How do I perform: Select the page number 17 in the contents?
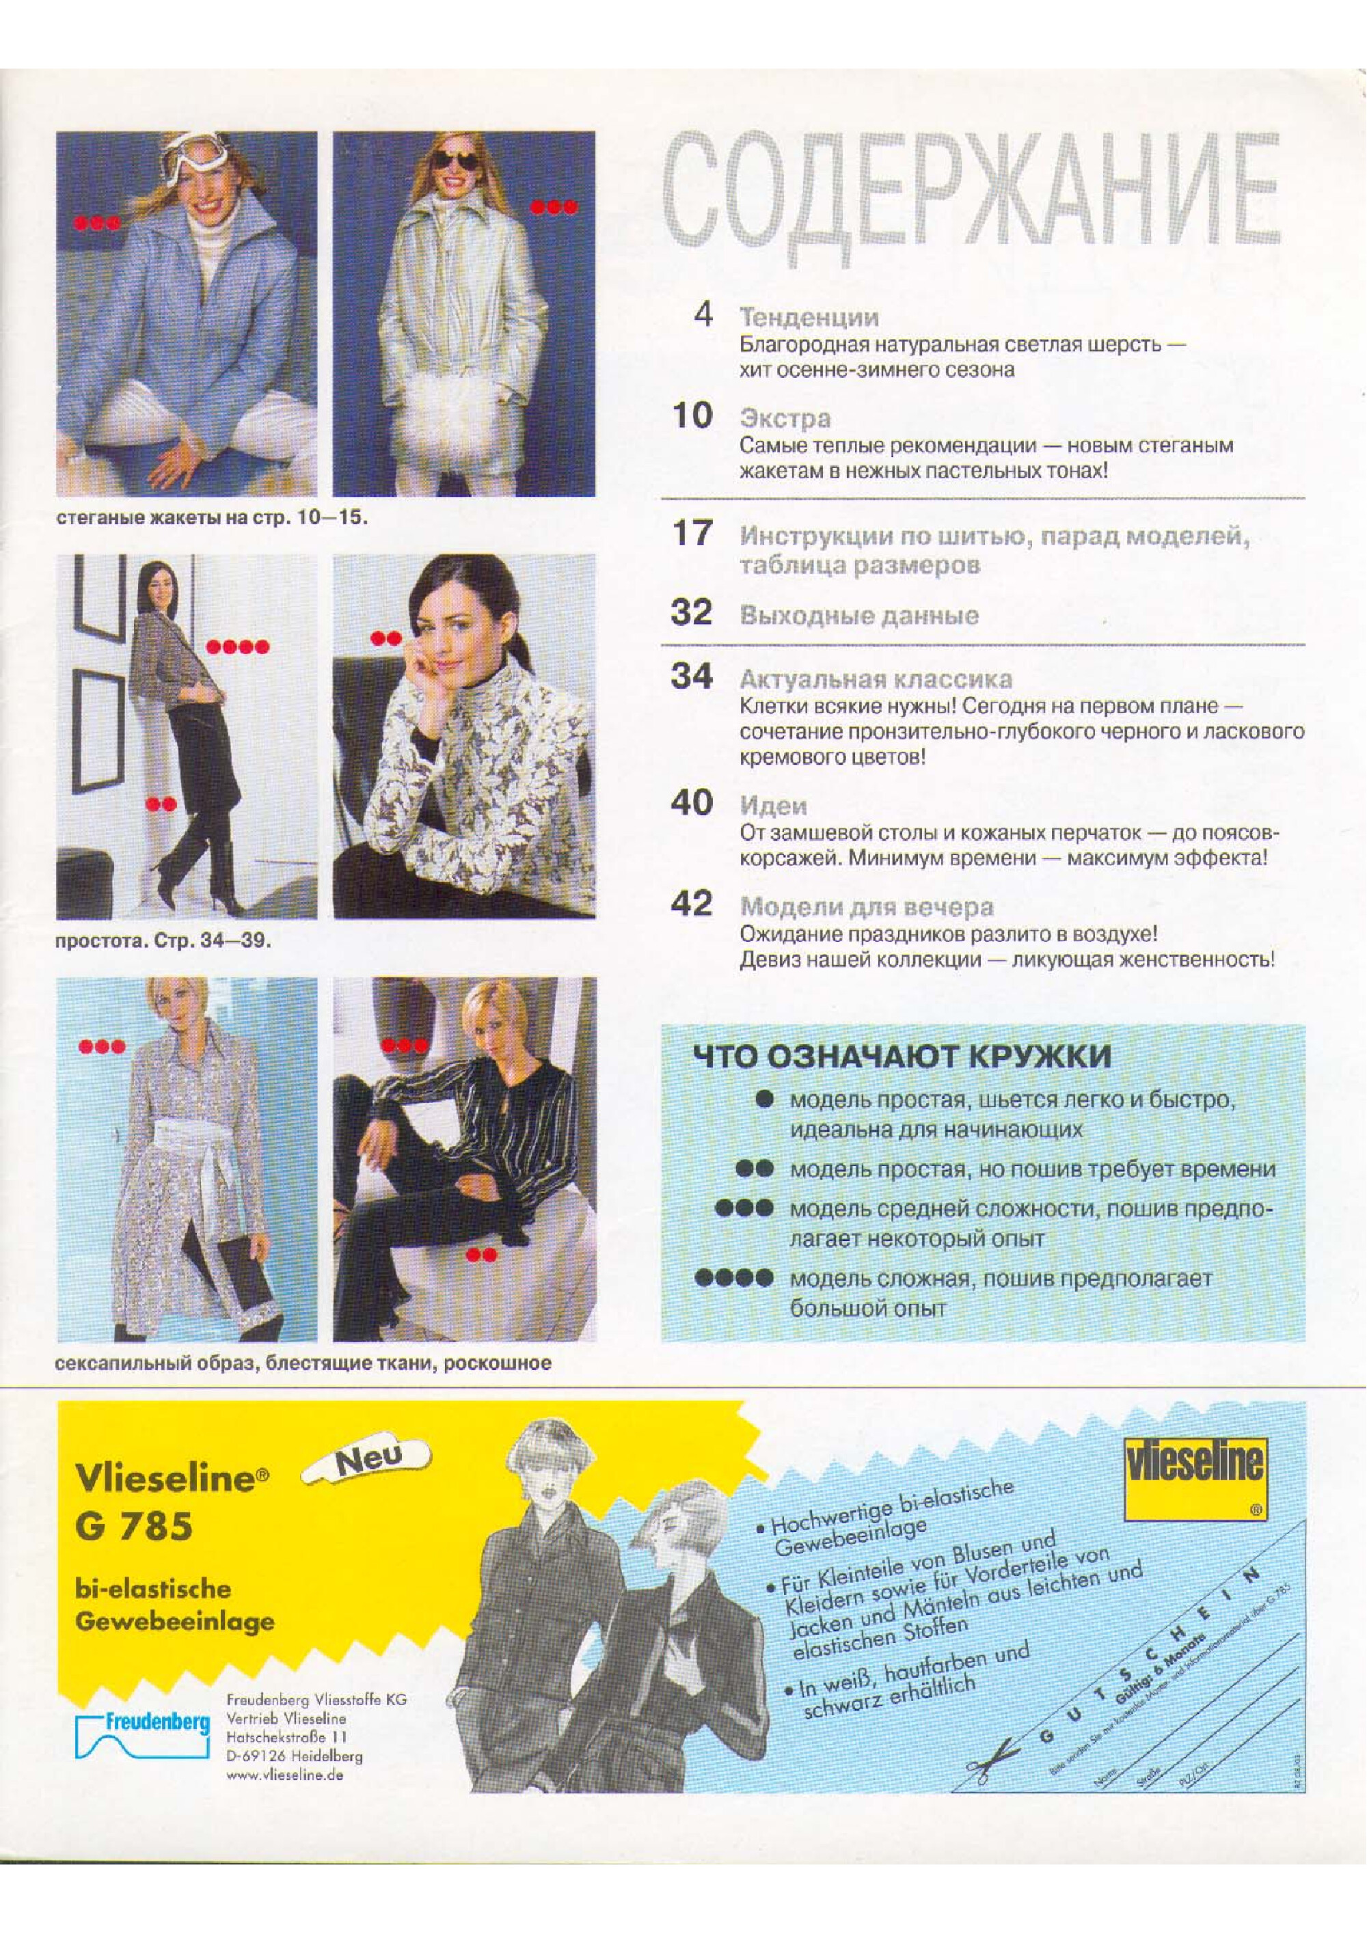pos(692,533)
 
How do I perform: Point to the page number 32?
pos(692,612)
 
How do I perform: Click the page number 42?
pos(692,904)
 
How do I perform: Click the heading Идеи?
pos(773,806)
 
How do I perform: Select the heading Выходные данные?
pos(859,615)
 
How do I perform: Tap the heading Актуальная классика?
pos(876,679)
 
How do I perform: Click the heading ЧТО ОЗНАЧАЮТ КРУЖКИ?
pos(902,1057)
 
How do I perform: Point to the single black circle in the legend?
pos(765,1100)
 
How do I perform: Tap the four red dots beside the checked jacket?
pos(238,647)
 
